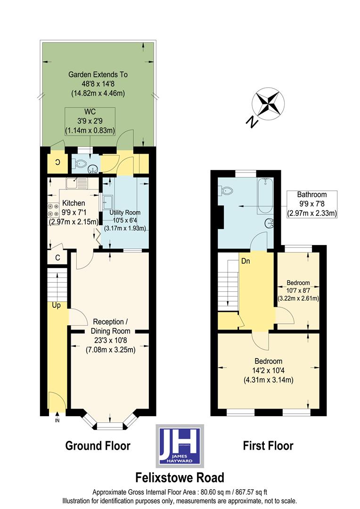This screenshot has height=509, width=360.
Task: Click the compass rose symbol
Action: (x=267, y=104)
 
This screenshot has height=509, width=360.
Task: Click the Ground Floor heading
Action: (x=98, y=445)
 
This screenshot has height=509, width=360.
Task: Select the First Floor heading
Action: (x=268, y=445)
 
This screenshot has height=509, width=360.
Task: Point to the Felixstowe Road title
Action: (x=180, y=477)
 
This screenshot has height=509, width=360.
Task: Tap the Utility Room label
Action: (x=125, y=213)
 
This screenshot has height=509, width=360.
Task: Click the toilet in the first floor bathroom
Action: (x=228, y=191)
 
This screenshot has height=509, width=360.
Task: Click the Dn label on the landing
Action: (x=245, y=260)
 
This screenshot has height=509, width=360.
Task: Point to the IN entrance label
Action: (x=57, y=420)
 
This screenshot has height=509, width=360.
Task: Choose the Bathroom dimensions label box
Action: (x=311, y=204)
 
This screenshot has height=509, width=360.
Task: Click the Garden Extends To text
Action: (x=98, y=74)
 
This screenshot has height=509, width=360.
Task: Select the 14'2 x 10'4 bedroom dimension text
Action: (x=269, y=370)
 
